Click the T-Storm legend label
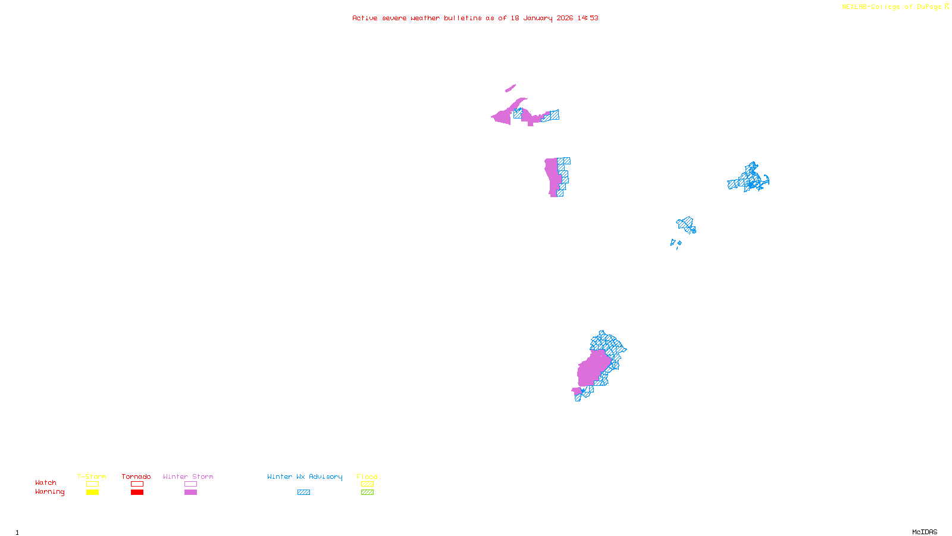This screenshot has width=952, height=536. pos(92,476)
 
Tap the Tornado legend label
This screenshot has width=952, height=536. pos(136,476)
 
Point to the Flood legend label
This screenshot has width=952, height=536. pos(367,476)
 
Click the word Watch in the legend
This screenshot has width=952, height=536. pos(46,482)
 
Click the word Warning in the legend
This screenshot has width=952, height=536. pos(50,492)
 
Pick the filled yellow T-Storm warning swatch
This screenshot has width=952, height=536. pos(92,493)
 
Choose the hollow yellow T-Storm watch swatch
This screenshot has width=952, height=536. pos(92,484)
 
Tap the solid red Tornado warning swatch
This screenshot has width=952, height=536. pos(137,493)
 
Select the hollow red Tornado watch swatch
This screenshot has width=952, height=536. pos(137,484)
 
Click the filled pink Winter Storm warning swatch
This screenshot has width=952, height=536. pos(190,493)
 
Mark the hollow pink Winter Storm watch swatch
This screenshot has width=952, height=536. pos(190,484)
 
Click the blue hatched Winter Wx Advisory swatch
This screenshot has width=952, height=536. pos(303,493)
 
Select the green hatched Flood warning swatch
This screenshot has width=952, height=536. pos(367,493)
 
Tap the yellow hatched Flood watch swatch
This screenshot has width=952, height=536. pos(367,484)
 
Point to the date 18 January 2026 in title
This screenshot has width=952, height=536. pos(541,18)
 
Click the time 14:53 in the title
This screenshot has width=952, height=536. pos(588,18)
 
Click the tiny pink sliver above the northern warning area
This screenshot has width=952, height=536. pos(510,89)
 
